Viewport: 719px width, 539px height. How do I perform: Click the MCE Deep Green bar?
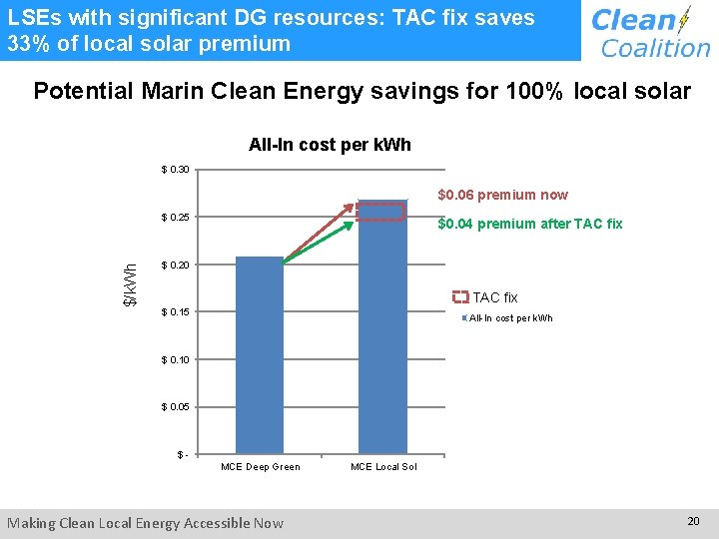click(260, 354)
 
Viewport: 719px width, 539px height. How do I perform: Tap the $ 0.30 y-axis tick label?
click(181, 170)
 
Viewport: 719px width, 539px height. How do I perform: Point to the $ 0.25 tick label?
click(181, 218)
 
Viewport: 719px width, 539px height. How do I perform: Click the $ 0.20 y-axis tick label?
click(181, 265)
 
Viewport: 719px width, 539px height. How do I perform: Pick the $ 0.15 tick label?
click(181, 312)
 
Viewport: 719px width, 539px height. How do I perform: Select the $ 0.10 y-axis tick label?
click(181, 359)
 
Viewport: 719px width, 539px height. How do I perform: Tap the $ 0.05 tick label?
click(181, 407)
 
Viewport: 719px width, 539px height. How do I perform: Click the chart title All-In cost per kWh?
click(330, 145)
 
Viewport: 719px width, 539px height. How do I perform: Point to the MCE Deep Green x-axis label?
click(260, 467)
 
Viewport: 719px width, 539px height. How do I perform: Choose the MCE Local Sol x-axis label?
click(383, 467)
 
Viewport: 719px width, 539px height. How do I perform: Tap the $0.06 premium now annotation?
click(503, 195)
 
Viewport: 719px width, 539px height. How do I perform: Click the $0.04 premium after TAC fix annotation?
click(529, 224)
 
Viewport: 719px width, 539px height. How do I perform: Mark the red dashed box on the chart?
click(382, 212)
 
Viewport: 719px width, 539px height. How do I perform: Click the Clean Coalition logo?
click(649, 32)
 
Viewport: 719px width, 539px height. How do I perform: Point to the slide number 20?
click(693, 521)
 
